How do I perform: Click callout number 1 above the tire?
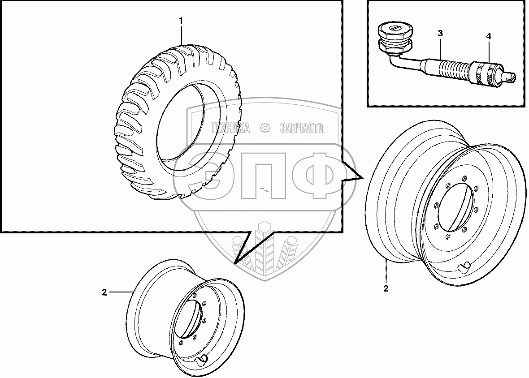point(181,21)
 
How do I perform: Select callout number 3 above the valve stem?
point(440,33)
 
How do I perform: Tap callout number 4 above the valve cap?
point(489,36)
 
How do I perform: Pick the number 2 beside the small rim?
point(104,292)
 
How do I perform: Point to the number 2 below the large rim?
point(386,288)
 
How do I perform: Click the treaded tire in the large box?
point(179,121)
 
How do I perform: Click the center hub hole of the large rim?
point(456,206)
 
